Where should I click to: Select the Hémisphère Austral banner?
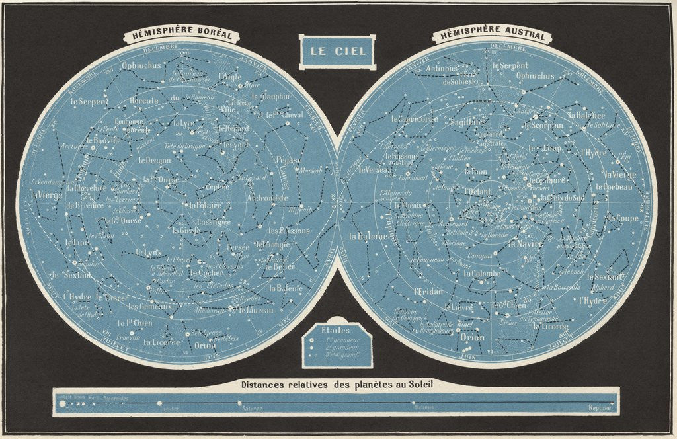coord(491,34)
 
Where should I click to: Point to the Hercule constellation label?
coord(144,100)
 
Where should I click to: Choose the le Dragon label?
coord(154,159)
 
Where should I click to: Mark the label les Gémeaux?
coord(149,306)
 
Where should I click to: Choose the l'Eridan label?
coord(427,292)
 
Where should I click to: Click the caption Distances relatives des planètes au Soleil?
coord(337,384)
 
